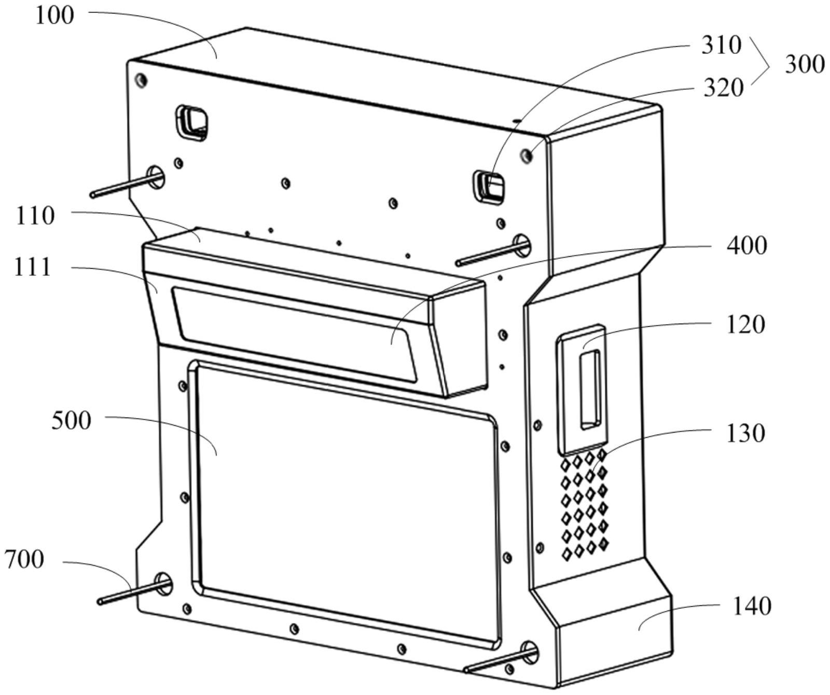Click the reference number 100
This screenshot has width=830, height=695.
(x=54, y=16)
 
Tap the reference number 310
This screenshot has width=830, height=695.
(x=721, y=46)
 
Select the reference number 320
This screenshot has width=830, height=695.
(x=723, y=88)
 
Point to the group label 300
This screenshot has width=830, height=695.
(x=804, y=65)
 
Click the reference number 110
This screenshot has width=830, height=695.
(x=35, y=216)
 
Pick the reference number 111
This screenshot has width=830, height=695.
(x=33, y=268)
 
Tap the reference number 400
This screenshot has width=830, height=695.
(x=746, y=245)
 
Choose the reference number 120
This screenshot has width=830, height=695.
(x=745, y=325)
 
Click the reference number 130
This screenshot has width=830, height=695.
(x=745, y=433)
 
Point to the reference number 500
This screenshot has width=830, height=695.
(x=71, y=420)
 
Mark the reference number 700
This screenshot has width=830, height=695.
(x=24, y=560)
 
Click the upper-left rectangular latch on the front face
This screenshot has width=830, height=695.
(x=192, y=122)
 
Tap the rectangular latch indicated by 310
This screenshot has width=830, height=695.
(x=489, y=187)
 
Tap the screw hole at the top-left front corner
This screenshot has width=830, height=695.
(x=141, y=80)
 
